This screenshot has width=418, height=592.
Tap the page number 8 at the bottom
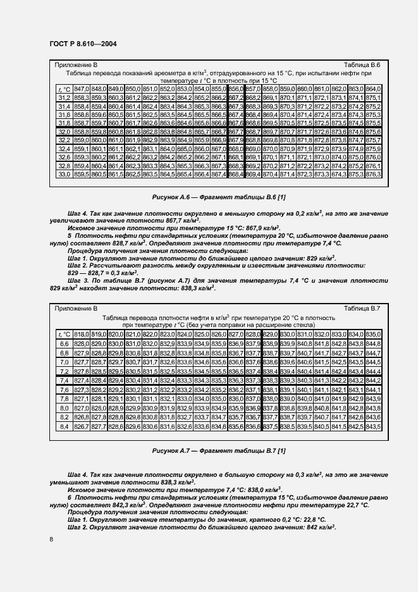pos(51,538)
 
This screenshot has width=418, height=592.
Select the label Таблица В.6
pos(361,65)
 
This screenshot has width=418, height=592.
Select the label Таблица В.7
pos(361,308)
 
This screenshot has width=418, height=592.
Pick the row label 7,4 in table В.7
pos(64,382)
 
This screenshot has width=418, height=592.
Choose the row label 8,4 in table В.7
pos(64,428)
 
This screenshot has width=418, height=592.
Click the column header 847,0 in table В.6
pos(82,89)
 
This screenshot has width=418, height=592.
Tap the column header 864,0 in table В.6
pos(373,89)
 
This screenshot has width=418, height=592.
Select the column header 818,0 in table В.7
pos(82,333)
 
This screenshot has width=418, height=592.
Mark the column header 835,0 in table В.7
pos(373,333)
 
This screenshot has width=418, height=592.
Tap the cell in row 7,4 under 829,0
pos(269,382)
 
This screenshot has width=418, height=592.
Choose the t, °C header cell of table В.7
pos(64,333)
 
